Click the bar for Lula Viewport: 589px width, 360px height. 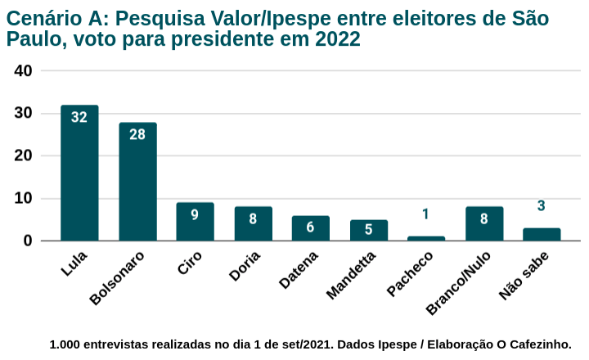(79, 173)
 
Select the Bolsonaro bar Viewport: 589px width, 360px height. (137, 182)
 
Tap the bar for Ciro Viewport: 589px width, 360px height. (195, 222)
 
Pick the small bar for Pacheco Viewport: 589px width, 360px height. (426, 238)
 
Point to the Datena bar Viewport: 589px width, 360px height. (311, 228)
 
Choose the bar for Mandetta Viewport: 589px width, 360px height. (369, 230)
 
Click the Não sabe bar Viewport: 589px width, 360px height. (542, 234)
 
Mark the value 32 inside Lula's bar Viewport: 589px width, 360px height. (79, 117)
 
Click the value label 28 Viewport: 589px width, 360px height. (137, 134)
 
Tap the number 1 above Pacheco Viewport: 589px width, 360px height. (425, 214)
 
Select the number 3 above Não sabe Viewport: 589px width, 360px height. (542, 206)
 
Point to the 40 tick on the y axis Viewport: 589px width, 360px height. (24, 71)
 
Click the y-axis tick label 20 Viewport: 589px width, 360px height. (24, 155)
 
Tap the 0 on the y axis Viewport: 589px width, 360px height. (28, 241)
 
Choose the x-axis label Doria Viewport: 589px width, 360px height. (245, 267)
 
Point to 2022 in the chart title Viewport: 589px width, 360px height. (337, 39)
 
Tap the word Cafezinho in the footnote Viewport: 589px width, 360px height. (535, 344)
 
